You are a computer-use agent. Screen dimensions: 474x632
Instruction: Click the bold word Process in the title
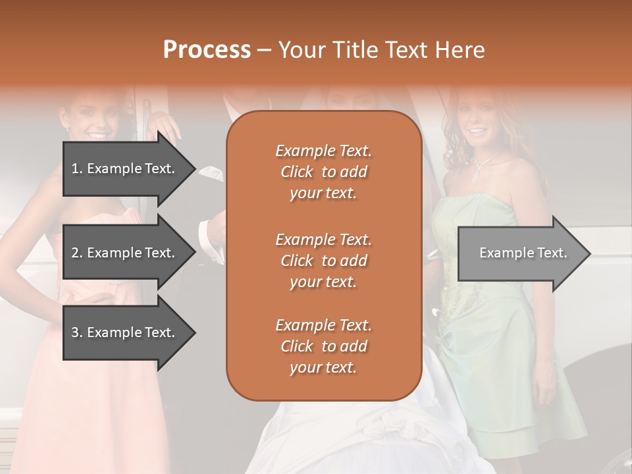[x=207, y=50]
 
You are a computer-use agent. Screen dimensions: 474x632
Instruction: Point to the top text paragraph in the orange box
[x=324, y=172]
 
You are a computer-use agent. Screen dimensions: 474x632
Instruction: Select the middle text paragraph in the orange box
[x=324, y=261]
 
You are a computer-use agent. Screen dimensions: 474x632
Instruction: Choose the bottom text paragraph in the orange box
[x=324, y=346]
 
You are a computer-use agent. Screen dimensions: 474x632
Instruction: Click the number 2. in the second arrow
[x=77, y=253]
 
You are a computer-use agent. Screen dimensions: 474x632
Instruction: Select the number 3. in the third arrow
[x=77, y=333]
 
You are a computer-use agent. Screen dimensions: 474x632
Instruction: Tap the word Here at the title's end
[x=460, y=50]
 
